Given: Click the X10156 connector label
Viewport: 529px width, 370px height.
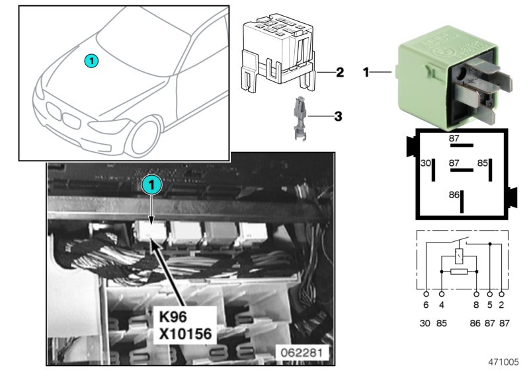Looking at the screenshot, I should [186, 335].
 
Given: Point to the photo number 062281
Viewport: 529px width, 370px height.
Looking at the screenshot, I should [302, 353].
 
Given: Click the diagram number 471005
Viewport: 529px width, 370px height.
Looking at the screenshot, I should [504, 362].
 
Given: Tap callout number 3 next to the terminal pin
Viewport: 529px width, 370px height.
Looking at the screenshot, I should [337, 117].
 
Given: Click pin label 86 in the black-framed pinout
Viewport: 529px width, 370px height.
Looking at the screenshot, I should [453, 196].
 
